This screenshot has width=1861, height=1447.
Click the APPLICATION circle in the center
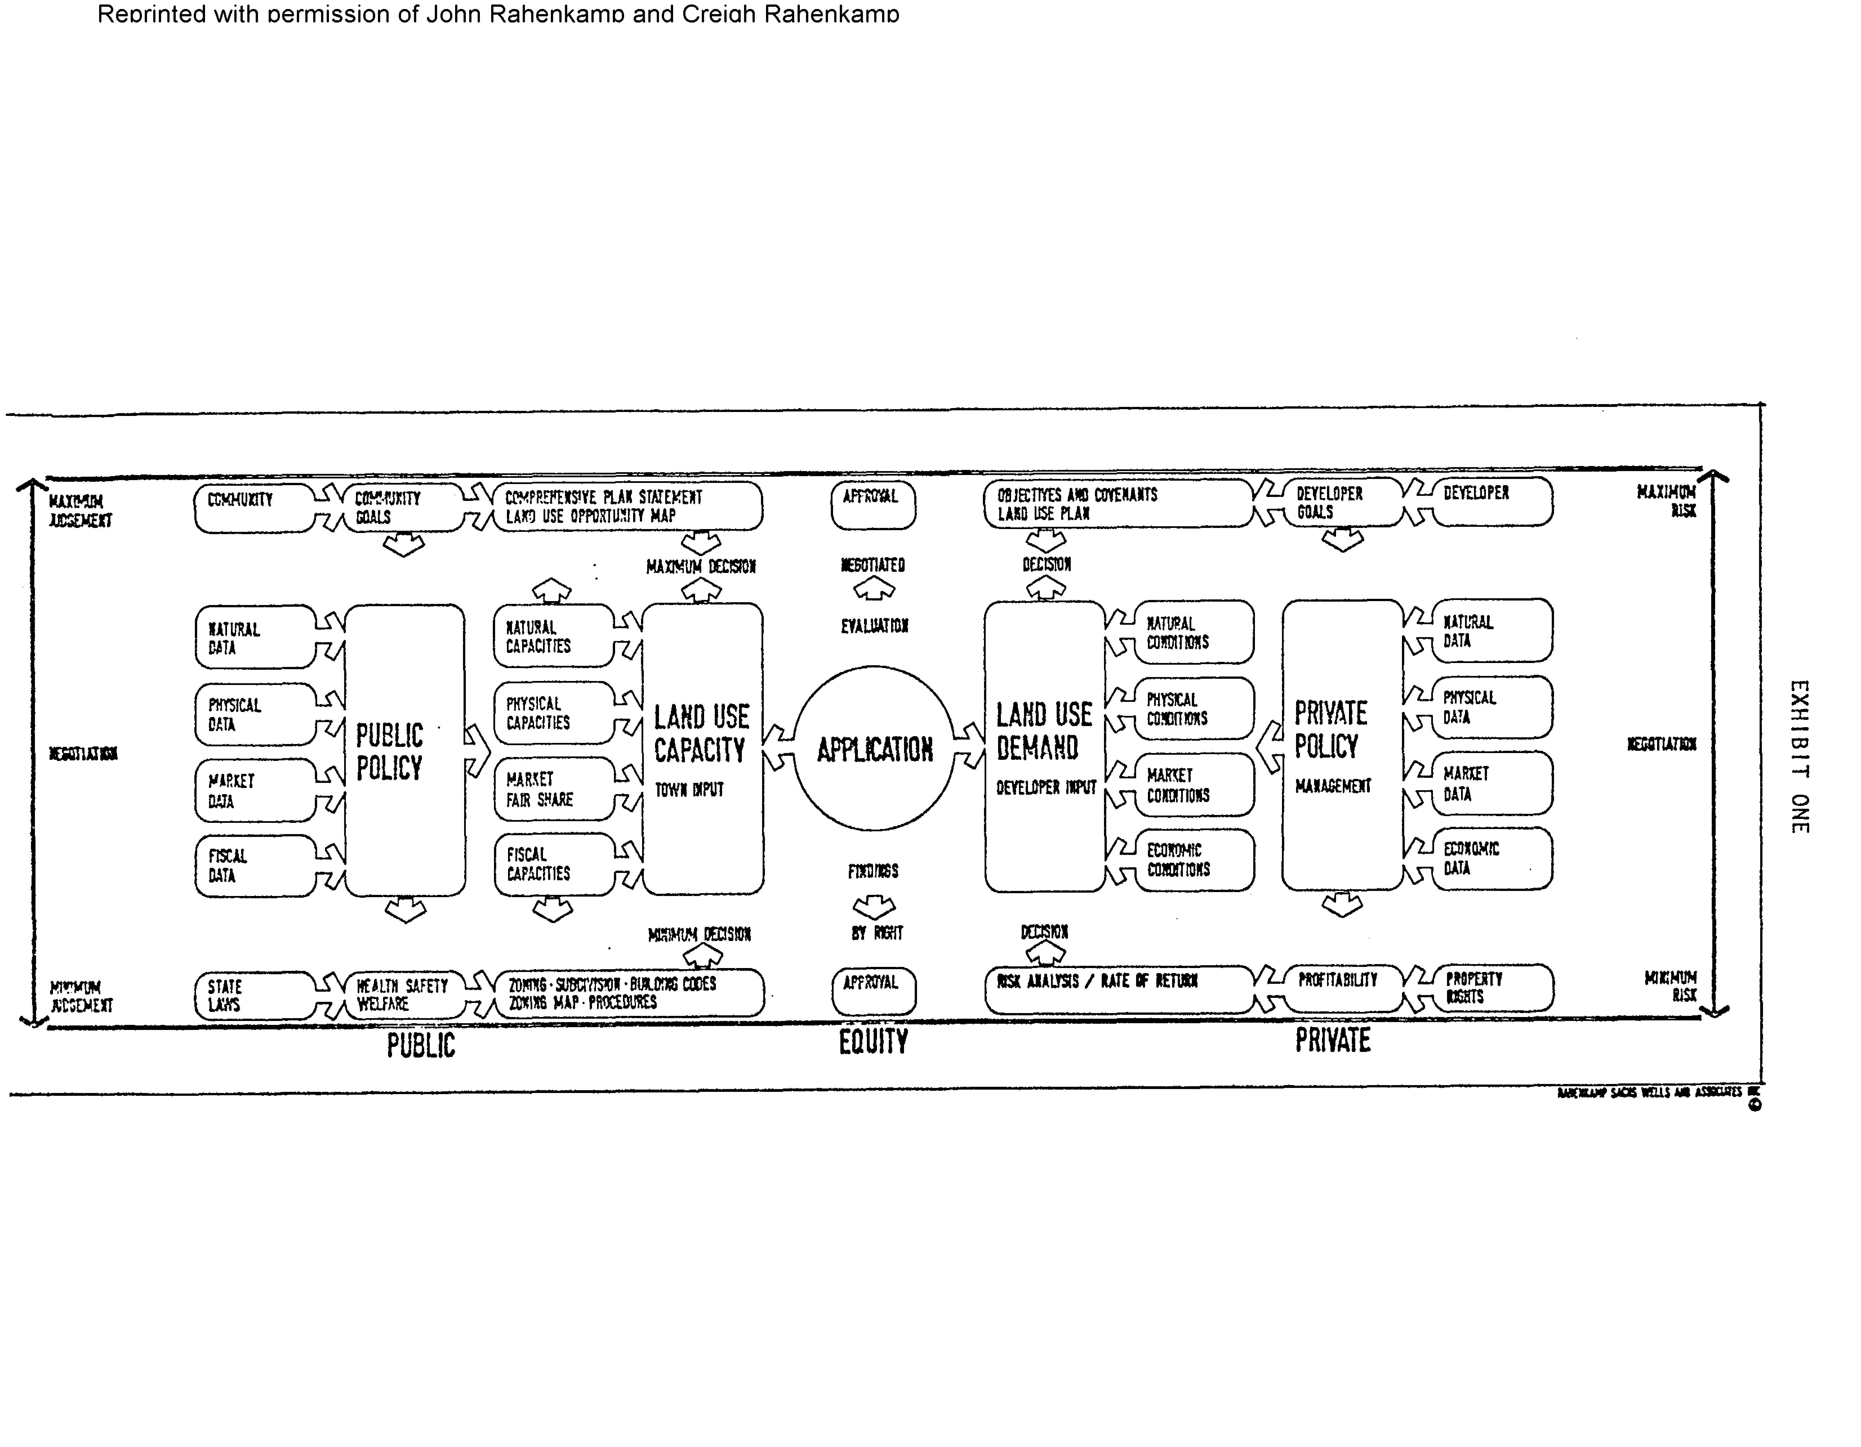[x=874, y=749]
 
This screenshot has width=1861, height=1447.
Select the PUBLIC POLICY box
[x=405, y=749]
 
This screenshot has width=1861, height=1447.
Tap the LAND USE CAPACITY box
[x=702, y=749]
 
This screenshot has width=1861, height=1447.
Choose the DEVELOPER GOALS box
[x=1342, y=503]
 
